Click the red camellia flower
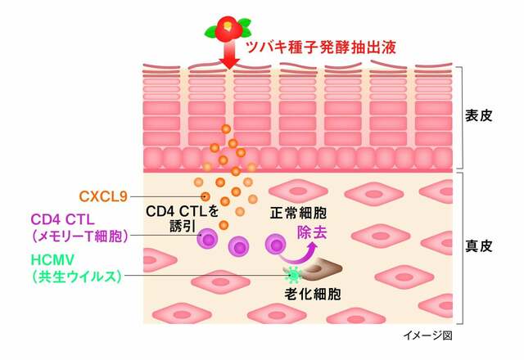coord(228,27)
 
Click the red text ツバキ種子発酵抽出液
coord(321,47)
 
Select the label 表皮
coord(479,115)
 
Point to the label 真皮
coord(479,246)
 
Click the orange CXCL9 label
coord(103,196)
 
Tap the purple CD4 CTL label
coord(63,220)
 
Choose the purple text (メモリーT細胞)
coord(80,236)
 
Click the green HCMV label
coord(52,260)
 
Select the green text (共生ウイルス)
coord(76,277)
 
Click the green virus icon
coord(293,275)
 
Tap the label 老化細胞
coord(313,295)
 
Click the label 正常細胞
coord(298,213)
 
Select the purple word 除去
coord(312,232)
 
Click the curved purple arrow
coord(299,256)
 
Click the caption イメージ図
coord(427,335)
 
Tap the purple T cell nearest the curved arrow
coord(276,245)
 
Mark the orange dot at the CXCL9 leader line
coord(206,196)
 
